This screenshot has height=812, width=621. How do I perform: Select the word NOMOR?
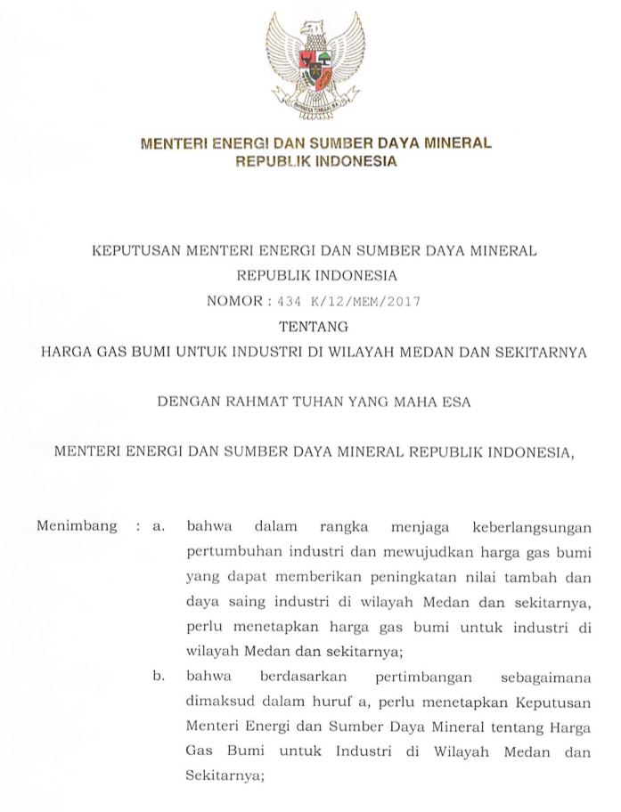click(x=234, y=301)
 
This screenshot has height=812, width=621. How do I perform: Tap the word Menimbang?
click(x=77, y=526)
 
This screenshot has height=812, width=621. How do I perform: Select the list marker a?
click(x=160, y=527)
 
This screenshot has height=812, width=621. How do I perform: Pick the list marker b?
click(x=160, y=678)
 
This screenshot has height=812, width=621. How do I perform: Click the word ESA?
click(x=453, y=402)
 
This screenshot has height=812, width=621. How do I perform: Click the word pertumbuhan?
click(x=229, y=552)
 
